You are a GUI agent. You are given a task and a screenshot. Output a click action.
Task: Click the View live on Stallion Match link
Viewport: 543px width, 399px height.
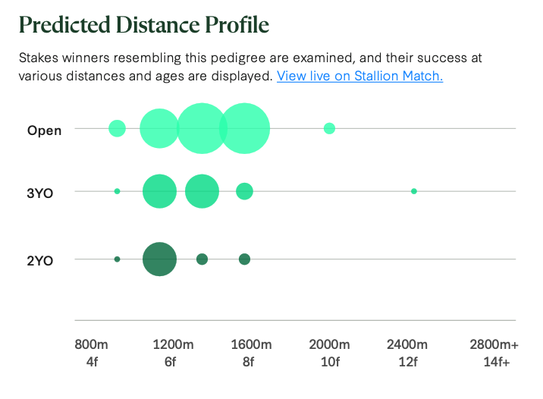(359, 76)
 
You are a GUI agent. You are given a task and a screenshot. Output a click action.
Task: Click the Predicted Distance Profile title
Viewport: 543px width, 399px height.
(143, 25)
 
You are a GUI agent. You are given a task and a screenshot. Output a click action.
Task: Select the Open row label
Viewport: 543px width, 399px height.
(44, 130)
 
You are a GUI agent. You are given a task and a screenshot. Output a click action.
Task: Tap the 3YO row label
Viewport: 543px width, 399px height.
(40, 192)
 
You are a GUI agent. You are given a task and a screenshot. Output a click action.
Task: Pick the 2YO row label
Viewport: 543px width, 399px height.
(40, 260)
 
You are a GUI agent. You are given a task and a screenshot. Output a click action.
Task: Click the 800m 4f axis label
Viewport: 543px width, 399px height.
(92, 353)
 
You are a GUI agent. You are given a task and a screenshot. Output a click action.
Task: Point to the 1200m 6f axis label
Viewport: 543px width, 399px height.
(170, 353)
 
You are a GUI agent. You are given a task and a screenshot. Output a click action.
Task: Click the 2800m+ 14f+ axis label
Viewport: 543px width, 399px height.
(494, 353)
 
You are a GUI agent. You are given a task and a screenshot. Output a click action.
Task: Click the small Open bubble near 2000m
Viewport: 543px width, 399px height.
(329, 128)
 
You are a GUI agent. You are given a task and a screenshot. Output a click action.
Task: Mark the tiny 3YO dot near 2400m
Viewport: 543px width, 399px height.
(414, 191)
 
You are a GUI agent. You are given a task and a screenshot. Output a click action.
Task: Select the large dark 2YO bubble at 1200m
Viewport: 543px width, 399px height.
(159, 259)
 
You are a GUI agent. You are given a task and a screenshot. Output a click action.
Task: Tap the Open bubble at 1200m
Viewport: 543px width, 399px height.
(159, 128)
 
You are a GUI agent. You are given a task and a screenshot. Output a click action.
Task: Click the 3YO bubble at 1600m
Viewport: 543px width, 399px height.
(244, 191)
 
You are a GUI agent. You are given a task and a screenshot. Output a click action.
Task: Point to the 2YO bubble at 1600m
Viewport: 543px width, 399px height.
(244, 259)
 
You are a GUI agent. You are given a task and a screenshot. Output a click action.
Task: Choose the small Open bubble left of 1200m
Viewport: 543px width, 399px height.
(117, 128)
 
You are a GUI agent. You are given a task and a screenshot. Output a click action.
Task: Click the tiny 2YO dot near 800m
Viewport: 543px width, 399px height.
(117, 259)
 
